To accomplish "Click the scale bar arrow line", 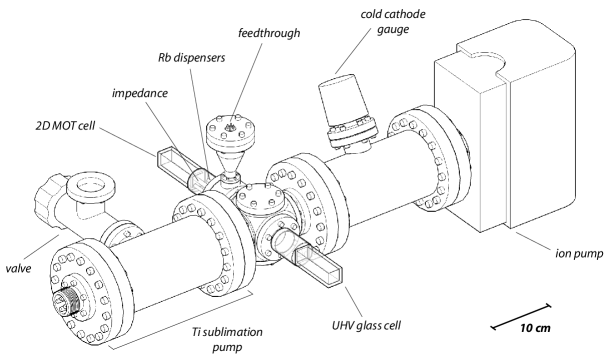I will [521, 310].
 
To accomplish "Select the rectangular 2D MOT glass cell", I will [180, 166].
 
